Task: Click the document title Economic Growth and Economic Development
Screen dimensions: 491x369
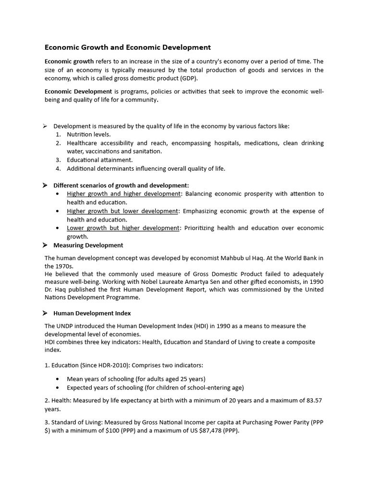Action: click(x=127, y=47)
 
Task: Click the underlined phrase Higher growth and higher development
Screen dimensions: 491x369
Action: click(x=123, y=194)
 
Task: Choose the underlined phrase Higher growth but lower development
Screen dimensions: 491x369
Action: click(x=123, y=211)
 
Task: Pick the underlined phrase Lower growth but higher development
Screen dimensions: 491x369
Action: click(x=123, y=228)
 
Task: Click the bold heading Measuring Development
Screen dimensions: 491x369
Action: click(x=88, y=245)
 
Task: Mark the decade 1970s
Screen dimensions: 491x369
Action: click(x=56, y=266)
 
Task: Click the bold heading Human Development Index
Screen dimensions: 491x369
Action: click(x=92, y=313)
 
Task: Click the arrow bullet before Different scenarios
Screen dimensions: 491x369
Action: click(x=45, y=185)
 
